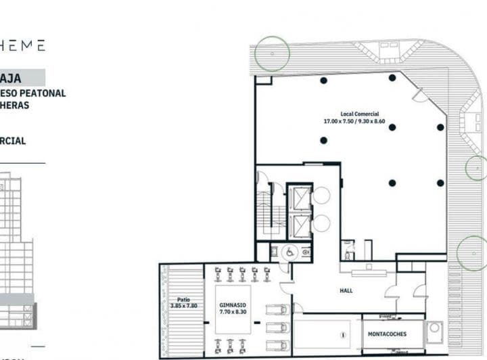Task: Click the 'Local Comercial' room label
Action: [360, 114]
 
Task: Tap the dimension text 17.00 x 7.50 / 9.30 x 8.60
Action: [354, 121]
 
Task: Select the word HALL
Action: [346, 290]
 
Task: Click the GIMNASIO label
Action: [233, 305]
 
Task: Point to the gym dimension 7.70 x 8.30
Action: [233, 313]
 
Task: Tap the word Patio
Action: [183, 298]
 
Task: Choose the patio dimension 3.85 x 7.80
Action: [183, 306]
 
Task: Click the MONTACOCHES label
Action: [387, 334]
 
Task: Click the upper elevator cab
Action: [298, 198]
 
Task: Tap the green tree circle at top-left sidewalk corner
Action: [271, 53]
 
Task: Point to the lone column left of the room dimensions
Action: [323, 140]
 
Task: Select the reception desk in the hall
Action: [367, 272]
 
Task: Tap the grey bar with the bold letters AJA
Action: [22, 78]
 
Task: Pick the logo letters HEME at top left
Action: [23, 45]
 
